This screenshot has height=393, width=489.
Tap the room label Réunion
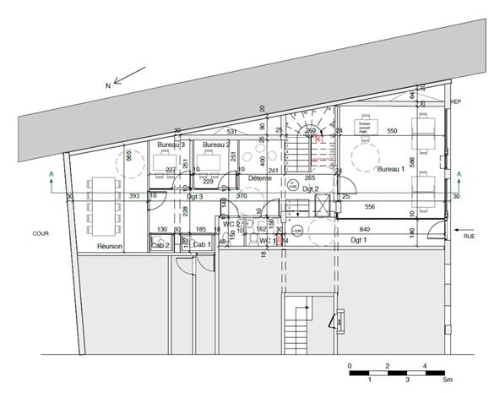pyautogui.click(x=110, y=246)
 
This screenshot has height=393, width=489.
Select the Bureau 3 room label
pyautogui.click(x=171, y=145)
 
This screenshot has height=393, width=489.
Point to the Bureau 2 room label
pyautogui.click(x=216, y=145)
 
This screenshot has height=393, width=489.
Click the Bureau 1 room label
pyautogui.click(x=391, y=170)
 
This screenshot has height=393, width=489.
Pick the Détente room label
pyautogui.click(x=260, y=178)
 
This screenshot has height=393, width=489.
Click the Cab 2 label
pyautogui.click(x=160, y=244)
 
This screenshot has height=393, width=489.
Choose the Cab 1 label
pyautogui.click(x=201, y=244)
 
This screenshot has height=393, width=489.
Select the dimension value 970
pyautogui.click(x=241, y=196)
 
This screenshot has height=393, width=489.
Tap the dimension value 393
pyautogui.click(x=110, y=196)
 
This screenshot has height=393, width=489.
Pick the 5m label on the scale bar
pyautogui.click(x=447, y=380)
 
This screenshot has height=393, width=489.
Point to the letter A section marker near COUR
pyautogui.click(x=52, y=175)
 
